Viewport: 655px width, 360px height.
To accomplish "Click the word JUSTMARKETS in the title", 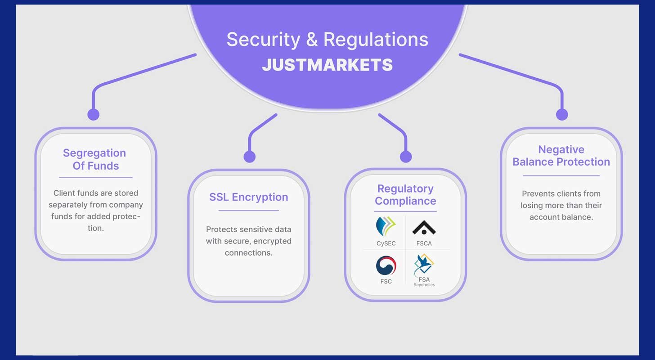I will tap(327, 65).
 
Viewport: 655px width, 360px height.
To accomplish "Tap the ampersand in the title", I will tap(311, 40).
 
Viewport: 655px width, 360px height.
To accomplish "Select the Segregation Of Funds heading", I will tap(94, 159).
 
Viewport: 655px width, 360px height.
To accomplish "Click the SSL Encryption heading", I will tap(248, 197).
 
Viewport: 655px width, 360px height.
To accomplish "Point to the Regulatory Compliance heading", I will tap(405, 195).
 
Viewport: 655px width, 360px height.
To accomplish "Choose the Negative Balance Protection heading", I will tap(561, 156).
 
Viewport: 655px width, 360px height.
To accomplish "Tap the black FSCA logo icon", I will tap(424, 228).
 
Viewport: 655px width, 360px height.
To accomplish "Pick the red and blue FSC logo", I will tap(386, 266).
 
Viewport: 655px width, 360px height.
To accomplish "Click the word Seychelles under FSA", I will tap(424, 285).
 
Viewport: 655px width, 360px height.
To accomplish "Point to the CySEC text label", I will tap(386, 243).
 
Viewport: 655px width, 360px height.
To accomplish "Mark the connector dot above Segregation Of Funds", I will tap(93, 114).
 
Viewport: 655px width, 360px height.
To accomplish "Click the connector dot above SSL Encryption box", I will tap(249, 157).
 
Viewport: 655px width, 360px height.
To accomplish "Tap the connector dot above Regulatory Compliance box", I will tap(406, 157).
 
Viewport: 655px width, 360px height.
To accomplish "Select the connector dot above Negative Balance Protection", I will tap(562, 114).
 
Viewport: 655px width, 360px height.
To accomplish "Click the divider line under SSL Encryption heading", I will tap(248, 210).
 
